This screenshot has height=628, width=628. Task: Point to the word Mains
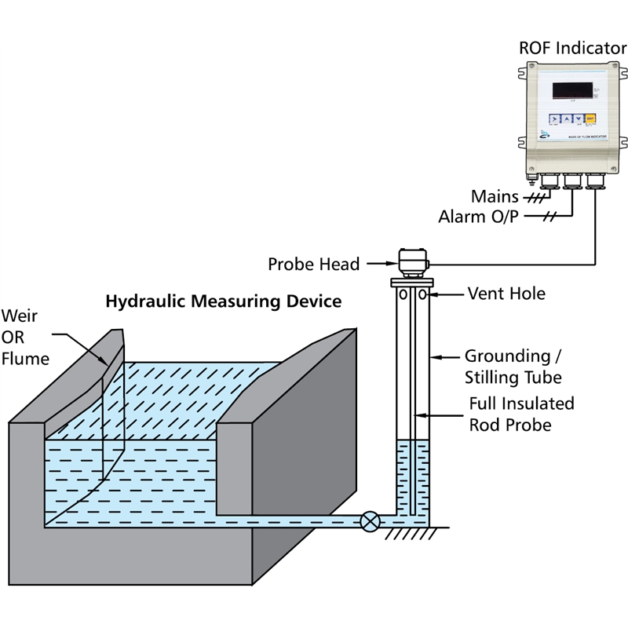click(494, 195)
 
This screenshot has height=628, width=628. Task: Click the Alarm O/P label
click(480, 216)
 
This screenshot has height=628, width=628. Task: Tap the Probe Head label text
click(313, 264)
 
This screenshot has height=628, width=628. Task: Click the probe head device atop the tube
click(411, 260)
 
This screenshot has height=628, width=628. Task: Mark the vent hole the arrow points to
click(423, 294)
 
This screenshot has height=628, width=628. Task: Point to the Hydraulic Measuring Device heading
click(223, 300)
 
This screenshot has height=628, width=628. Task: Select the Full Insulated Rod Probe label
click(521, 414)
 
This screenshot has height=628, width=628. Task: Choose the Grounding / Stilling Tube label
click(513, 366)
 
